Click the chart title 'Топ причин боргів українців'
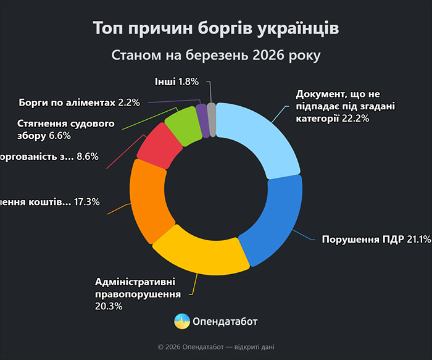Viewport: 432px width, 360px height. pyautogui.click(x=216, y=28)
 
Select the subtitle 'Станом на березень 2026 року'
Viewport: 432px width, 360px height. pyautogui.click(x=216, y=55)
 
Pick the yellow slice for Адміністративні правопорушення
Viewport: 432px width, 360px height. pyautogui.click(x=197, y=250)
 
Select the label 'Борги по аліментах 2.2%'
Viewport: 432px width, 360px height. pyautogui.click(x=80, y=101)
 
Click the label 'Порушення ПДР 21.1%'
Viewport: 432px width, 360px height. pyautogui.click(x=376, y=240)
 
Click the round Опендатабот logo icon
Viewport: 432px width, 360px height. pyautogui.click(x=182, y=321)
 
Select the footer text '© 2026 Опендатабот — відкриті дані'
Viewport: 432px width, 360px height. pyautogui.click(x=216, y=347)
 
